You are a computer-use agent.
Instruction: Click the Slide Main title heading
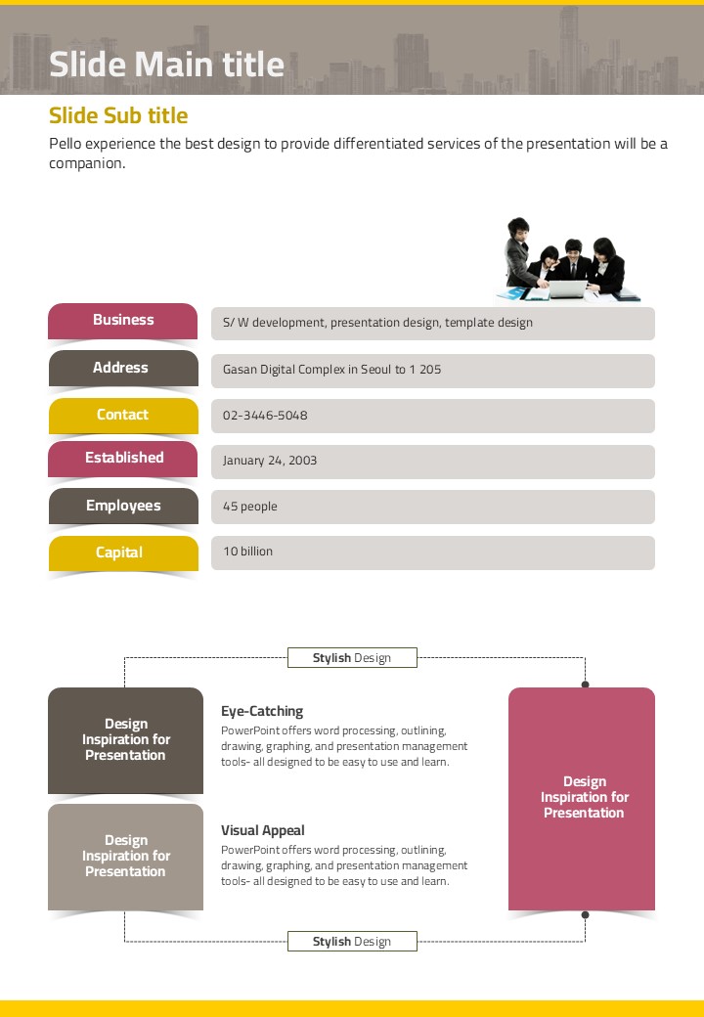pyautogui.click(x=166, y=65)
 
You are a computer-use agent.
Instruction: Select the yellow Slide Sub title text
pyautogui.click(x=118, y=115)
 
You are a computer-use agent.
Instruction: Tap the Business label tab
pyautogui.click(x=123, y=321)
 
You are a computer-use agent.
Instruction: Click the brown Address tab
pyautogui.click(x=121, y=369)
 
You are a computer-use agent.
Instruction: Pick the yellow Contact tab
pyautogui.click(x=122, y=416)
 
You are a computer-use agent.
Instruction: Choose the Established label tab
pyautogui.click(x=124, y=459)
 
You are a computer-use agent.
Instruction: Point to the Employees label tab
pyautogui.click(x=123, y=507)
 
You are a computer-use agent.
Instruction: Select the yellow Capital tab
pyautogui.click(x=119, y=553)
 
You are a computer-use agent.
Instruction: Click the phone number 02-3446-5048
pyautogui.click(x=265, y=416)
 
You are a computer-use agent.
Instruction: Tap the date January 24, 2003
pyautogui.click(x=270, y=461)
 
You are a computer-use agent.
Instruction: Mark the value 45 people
pyautogui.click(x=250, y=507)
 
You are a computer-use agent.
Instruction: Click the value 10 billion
pyautogui.click(x=248, y=552)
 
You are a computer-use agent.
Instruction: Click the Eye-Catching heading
pyautogui.click(x=262, y=711)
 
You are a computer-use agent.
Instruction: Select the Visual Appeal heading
pyautogui.click(x=263, y=830)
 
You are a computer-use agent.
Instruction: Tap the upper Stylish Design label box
pyautogui.click(x=352, y=658)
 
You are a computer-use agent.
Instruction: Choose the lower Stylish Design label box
pyautogui.click(x=352, y=942)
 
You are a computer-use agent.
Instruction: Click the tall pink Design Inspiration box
pyautogui.click(x=582, y=798)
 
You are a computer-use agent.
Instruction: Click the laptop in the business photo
pyautogui.click(x=567, y=289)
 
